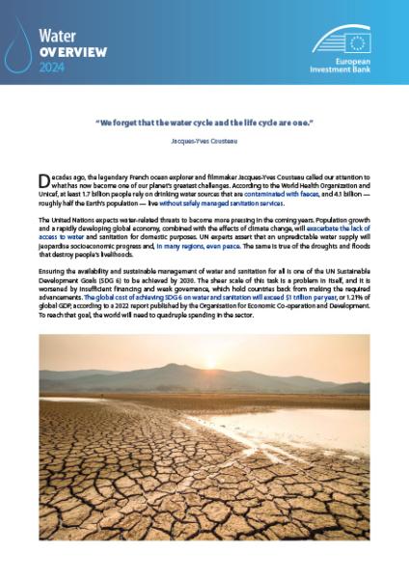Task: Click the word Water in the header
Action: tap(58, 36)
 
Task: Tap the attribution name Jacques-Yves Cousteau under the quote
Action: tap(204, 141)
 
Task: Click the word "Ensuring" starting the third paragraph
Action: tap(54, 273)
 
